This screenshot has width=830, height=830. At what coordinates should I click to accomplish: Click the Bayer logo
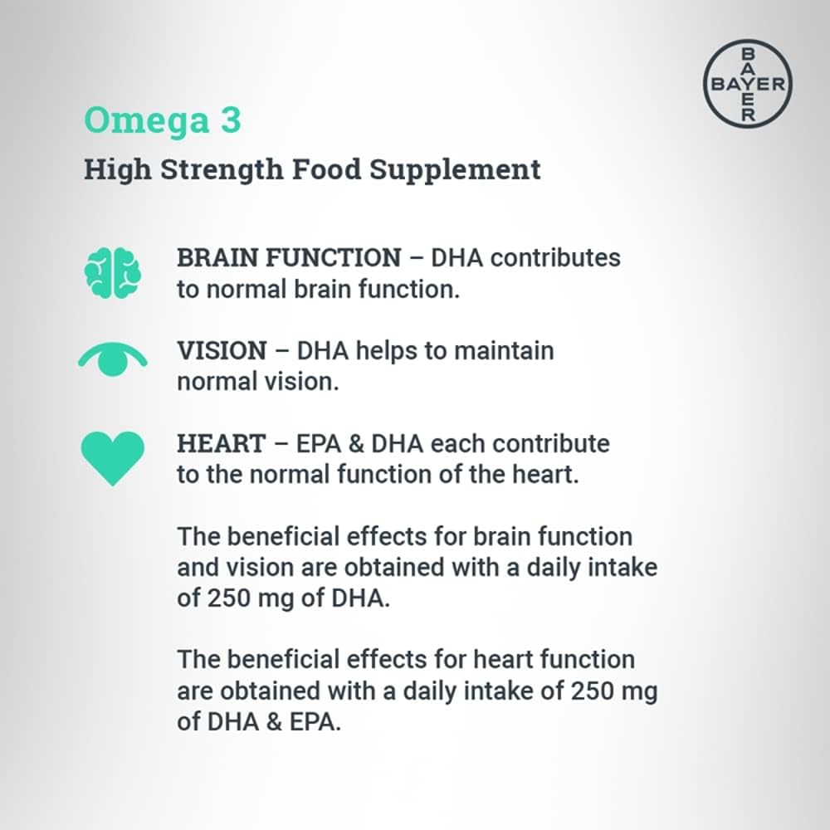[x=748, y=84]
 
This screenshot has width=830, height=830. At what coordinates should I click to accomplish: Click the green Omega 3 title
[x=163, y=120]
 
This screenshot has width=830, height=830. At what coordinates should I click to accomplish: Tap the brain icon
[x=113, y=272]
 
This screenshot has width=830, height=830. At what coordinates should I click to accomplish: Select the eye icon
[x=113, y=359]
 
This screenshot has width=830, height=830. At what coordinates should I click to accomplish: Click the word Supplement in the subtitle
[x=455, y=171]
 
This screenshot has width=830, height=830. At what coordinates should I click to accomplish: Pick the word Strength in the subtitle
[x=222, y=171]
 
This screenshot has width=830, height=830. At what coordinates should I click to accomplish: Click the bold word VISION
[x=222, y=351]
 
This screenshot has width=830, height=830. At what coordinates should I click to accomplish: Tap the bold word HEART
[x=222, y=443]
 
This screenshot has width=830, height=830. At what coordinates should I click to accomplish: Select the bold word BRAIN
[x=217, y=258]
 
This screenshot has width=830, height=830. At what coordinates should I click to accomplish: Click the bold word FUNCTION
[x=334, y=258]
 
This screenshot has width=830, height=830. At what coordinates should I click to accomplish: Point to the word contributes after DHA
[x=555, y=258]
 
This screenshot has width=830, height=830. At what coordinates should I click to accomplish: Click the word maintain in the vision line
[x=504, y=351]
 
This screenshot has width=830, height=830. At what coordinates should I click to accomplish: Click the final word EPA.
[x=315, y=722]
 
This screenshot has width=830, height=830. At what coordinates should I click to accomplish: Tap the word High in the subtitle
[x=118, y=171]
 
